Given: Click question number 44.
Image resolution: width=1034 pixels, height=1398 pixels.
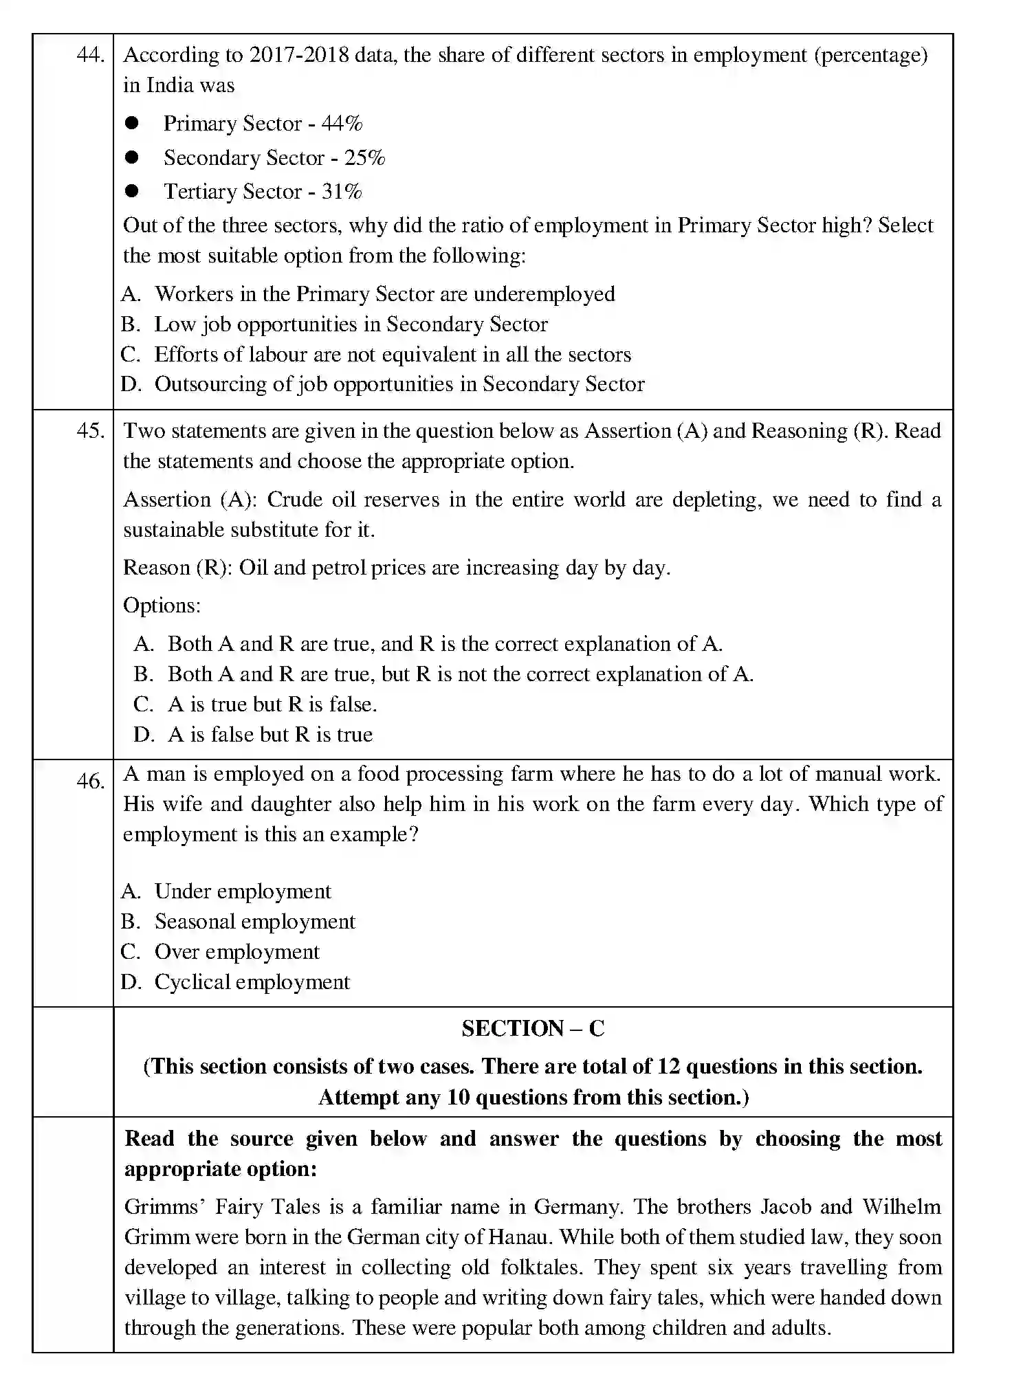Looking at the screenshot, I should point(89,55).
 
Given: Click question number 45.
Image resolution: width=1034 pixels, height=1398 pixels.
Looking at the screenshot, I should point(89,431).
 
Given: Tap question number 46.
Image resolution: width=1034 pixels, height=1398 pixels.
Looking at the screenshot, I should point(89,781).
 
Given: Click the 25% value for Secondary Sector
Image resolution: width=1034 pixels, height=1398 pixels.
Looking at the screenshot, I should point(364,158).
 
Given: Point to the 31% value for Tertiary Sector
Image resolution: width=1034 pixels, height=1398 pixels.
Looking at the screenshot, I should point(342,192).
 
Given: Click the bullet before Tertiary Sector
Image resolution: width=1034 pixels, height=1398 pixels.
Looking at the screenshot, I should point(132,191).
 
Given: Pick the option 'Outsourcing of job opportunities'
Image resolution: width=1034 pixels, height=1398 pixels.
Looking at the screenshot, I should point(399,384).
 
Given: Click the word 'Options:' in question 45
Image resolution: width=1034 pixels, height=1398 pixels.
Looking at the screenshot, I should point(162,606).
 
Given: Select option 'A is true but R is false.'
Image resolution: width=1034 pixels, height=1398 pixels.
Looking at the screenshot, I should point(272,704).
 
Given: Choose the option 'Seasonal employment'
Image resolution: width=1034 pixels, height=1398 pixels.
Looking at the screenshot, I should point(254,922).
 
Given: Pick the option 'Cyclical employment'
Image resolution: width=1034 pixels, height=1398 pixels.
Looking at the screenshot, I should point(252,982).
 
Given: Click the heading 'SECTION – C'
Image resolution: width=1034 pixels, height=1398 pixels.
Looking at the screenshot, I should point(533,1029).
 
